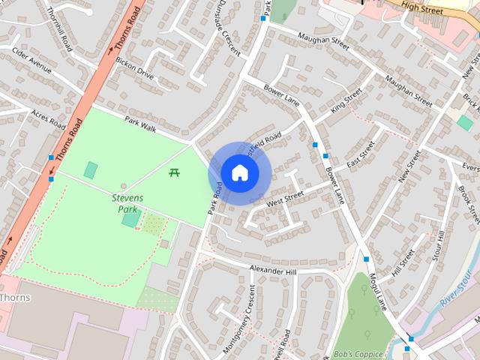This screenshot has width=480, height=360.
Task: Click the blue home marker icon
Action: pos(239,172)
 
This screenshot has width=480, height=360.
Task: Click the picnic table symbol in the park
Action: pos(174,172)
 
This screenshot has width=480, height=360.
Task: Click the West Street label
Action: pos(284,197)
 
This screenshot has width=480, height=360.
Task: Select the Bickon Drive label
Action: pos(135,70)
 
